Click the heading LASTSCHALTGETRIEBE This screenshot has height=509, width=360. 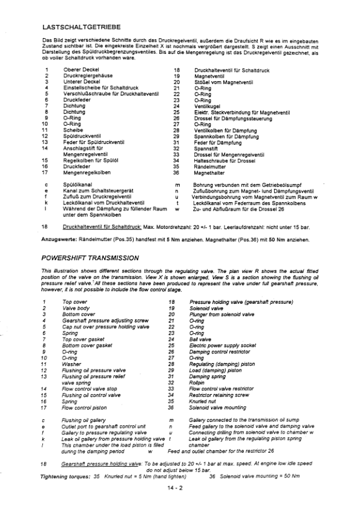(82, 27)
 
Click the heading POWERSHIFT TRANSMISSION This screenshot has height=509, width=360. (90, 258)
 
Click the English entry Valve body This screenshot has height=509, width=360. (76, 307)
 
